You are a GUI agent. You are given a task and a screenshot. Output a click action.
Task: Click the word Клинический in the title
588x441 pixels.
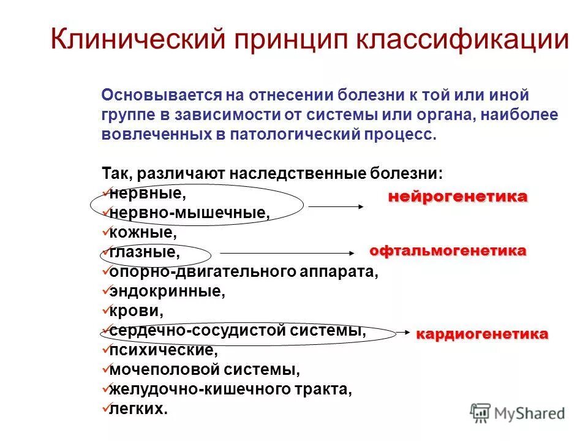click(x=137, y=40)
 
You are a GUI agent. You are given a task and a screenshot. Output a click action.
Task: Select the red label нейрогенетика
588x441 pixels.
click(x=457, y=197)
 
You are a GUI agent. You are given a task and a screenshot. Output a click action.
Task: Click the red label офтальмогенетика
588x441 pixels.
click(x=448, y=251)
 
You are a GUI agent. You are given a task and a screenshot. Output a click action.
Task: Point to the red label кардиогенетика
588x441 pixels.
click(x=482, y=334)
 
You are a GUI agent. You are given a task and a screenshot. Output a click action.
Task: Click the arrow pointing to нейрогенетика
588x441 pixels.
click(x=336, y=207)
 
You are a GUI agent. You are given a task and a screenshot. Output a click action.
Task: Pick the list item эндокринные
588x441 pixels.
click(x=167, y=291)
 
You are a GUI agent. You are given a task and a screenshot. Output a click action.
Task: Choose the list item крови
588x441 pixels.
click(x=136, y=311)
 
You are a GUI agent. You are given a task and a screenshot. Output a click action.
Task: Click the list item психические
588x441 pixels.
click(x=162, y=350)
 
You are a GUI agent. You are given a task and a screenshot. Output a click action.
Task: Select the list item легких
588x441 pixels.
click(x=138, y=409)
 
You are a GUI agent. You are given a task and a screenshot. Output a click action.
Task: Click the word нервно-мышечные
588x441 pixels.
click(x=189, y=213)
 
